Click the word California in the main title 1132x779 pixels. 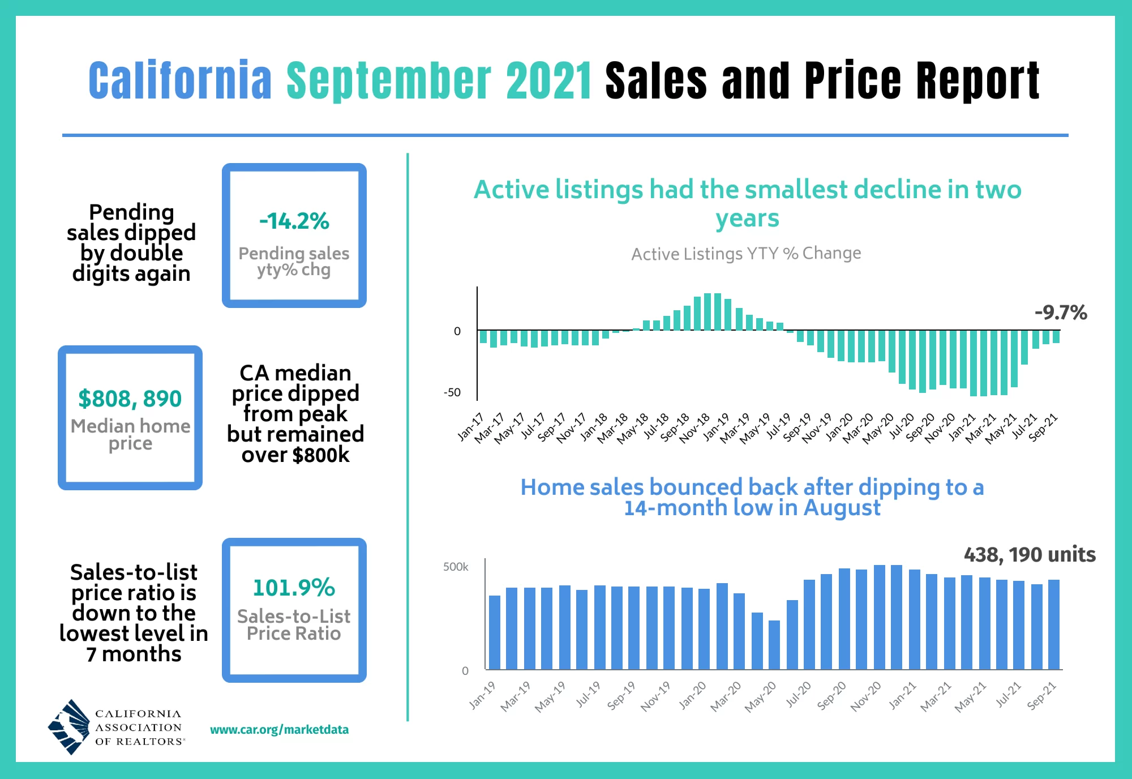coord(180,80)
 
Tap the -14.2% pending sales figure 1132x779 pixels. coord(294,221)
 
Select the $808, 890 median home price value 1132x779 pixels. coord(130,399)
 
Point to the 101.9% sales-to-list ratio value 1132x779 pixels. coord(294,588)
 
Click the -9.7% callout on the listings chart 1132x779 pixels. coord(1061,313)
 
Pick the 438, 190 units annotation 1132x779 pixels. coord(1030,554)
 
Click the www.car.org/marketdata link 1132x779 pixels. coord(279,729)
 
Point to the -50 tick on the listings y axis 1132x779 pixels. coord(452,392)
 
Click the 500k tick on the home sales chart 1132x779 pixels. coord(456,567)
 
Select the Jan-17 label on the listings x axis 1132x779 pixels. coord(470,427)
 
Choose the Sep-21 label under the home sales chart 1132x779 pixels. coord(1041,696)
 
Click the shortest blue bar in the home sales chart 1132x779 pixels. coord(774,644)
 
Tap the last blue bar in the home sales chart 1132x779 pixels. coord(1053,624)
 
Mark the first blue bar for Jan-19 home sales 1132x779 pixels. coord(495,632)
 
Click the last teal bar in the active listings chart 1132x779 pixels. coord(1056,337)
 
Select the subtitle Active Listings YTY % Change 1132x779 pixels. coord(746,254)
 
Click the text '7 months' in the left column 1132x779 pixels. coord(134,654)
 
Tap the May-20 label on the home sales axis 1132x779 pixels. coord(760,697)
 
